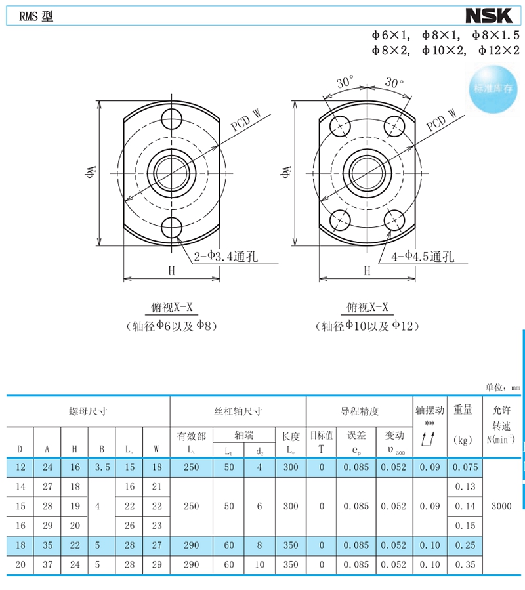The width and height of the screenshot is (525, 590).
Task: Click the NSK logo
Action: point(489,16)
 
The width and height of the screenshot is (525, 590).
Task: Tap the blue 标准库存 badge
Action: point(493,89)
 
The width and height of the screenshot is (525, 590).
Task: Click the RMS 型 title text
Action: point(36,16)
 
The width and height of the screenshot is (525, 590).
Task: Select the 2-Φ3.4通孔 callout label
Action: point(226,257)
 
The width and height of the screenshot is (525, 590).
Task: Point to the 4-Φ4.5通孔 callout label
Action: point(423,257)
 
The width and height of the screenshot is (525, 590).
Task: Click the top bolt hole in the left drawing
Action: point(172,119)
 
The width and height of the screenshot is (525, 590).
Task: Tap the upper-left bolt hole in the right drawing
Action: point(340,126)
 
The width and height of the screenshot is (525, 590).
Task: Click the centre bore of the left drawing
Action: point(172,173)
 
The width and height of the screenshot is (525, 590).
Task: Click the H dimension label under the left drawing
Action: point(172,270)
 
